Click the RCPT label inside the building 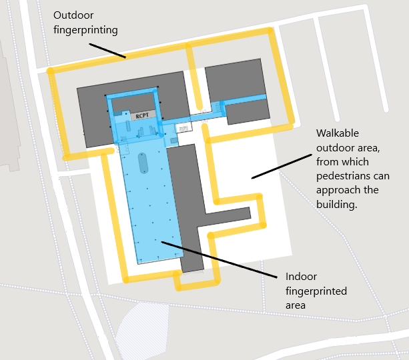click(142, 115)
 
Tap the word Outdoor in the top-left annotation click(73, 16)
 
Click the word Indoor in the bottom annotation click(301, 277)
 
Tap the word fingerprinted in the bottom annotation click(316, 291)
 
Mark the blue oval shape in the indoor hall click(143, 163)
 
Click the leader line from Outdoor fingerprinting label click(107, 51)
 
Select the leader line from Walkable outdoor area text click(280, 167)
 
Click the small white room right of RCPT click(183, 127)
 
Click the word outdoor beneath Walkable click(334, 148)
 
